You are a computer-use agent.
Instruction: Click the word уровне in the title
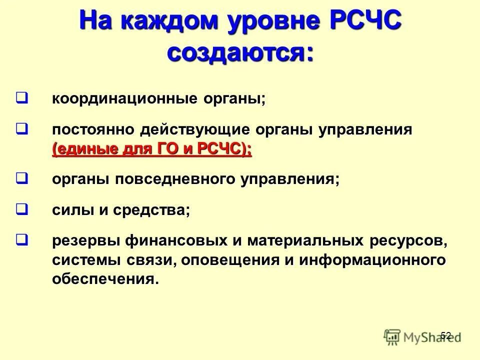point(272,22)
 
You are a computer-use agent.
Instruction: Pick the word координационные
point(124,98)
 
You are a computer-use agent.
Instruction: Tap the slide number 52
point(446,335)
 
